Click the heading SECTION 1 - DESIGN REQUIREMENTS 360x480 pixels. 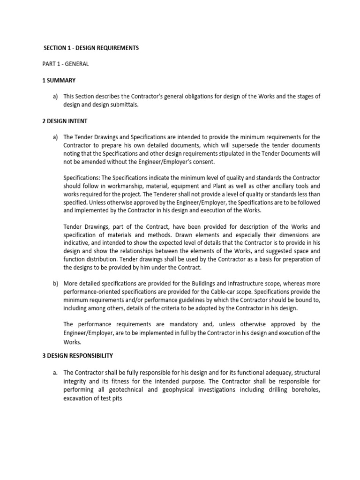click(x=91, y=48)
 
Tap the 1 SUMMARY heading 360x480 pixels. click(x=60, y=80)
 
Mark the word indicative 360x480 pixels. click(x=78, y=243)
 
